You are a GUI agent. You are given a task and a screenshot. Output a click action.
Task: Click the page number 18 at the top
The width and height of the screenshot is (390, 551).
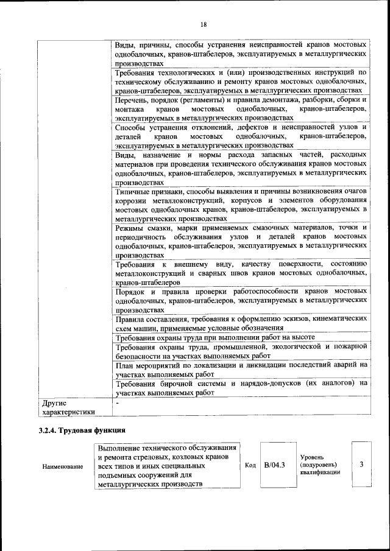point(203,24)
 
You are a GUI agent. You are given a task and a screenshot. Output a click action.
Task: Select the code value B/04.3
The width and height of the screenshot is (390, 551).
point(275,465)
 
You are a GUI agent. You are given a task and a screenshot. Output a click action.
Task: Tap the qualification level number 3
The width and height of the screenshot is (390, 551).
point(361,465)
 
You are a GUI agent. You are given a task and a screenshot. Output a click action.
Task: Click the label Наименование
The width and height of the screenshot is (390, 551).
point(63,466)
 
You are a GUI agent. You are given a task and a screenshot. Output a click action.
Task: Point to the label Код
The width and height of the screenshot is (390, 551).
point(250,465)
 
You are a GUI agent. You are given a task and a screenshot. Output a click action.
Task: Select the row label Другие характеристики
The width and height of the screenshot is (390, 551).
point(67,407)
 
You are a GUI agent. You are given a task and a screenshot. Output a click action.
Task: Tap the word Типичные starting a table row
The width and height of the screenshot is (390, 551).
point(132,191)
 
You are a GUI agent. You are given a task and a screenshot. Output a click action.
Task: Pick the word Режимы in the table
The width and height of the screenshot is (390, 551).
point(130,227)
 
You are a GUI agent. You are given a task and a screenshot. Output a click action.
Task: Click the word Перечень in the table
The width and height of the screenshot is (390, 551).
point(132,99)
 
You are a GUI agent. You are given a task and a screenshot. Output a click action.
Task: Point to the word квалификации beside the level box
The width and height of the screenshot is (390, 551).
point(321,474)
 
